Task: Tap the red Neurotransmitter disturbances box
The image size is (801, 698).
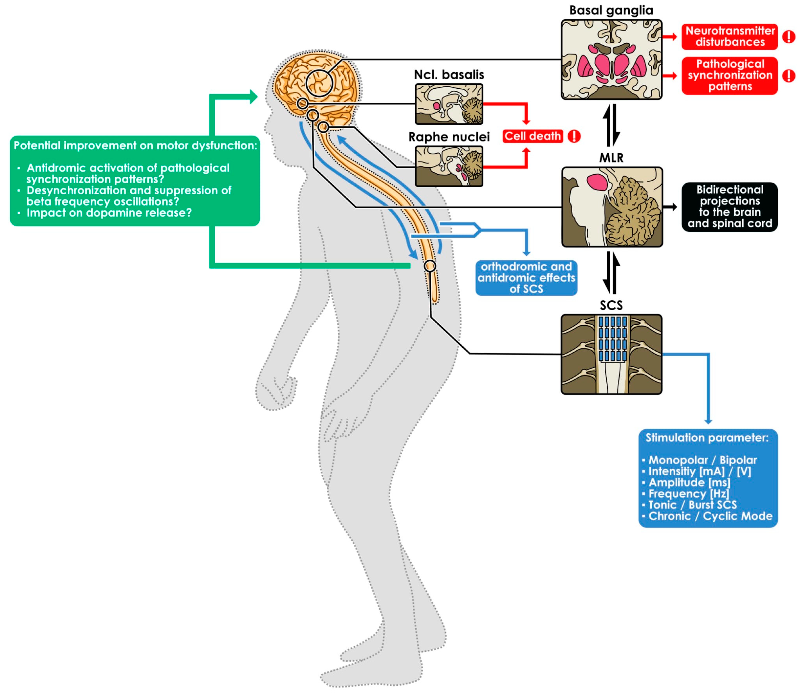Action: tap(729, 37)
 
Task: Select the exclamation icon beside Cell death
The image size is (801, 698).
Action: tap(574, 136)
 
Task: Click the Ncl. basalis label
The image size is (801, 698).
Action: tap(449, 75)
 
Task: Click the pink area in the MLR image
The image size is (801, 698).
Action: tap(597, 182)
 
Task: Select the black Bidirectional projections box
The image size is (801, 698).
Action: tap(729, 207)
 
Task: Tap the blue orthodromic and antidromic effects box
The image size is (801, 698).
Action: tap(526, 278)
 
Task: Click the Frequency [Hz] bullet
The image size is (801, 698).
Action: tap(688, 494)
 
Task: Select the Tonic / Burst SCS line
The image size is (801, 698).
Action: tap(692, 505)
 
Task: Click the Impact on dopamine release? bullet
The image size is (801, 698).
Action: tap(109, 213)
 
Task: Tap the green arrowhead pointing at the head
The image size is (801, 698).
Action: tap(253, 97)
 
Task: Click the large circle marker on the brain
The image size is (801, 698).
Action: tap(319, 83)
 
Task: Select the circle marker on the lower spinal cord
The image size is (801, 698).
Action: tap(430, 266)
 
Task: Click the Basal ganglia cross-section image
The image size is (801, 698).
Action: tap(611, 60)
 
